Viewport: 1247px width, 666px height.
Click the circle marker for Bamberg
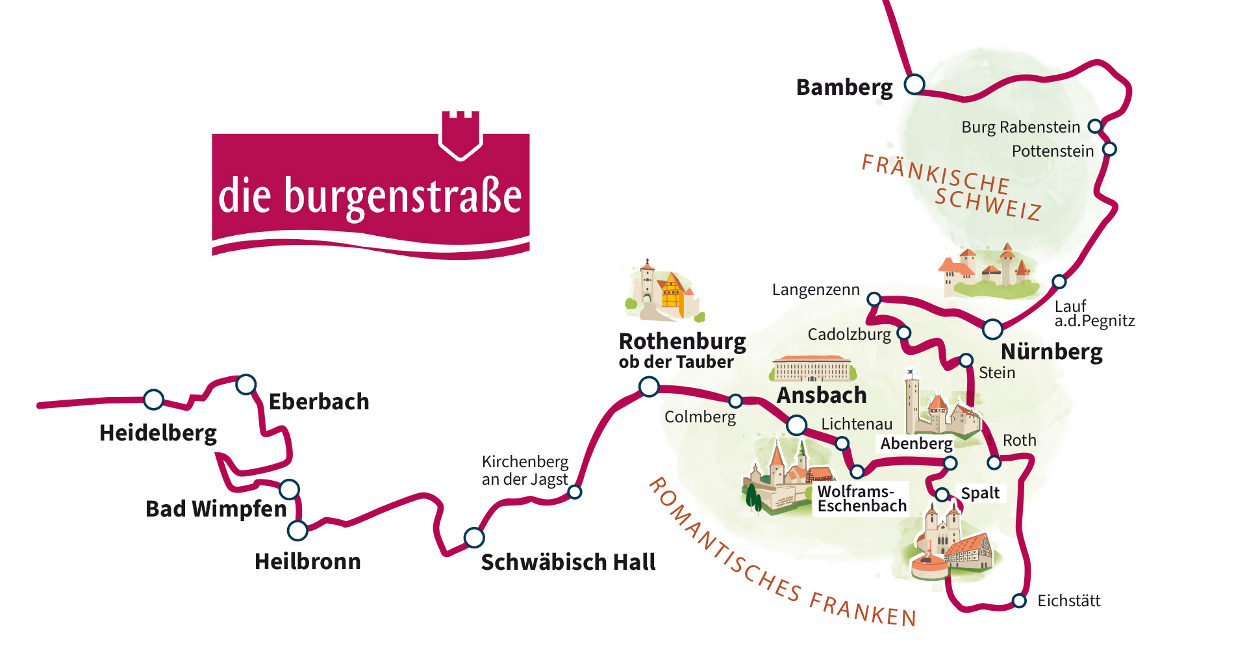point(914,84)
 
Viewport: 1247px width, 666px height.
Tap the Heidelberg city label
point(158,433)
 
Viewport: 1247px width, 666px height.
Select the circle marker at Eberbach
point(246,385)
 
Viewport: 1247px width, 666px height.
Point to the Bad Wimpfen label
point(216,509)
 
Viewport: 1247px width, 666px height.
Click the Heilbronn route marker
point(297,530)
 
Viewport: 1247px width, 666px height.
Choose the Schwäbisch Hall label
point(568,562)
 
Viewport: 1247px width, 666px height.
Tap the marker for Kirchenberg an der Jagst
point(575,492)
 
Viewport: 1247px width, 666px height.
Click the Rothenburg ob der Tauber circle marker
point(649,387)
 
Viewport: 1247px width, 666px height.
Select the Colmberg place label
point(699,417)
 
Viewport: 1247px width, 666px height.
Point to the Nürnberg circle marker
point(992,329)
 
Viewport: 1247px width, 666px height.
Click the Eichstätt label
point(1068,601)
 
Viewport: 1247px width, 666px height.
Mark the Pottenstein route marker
point(1110,149)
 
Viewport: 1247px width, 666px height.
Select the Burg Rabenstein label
point(1020,127)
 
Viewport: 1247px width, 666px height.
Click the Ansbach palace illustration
point(812,368)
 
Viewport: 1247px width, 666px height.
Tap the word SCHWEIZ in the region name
point(988,203)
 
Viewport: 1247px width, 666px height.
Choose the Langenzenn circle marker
point(874,299)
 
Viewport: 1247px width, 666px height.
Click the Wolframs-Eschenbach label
point(861,499)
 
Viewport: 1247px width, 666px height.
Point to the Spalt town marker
point(942,494)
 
